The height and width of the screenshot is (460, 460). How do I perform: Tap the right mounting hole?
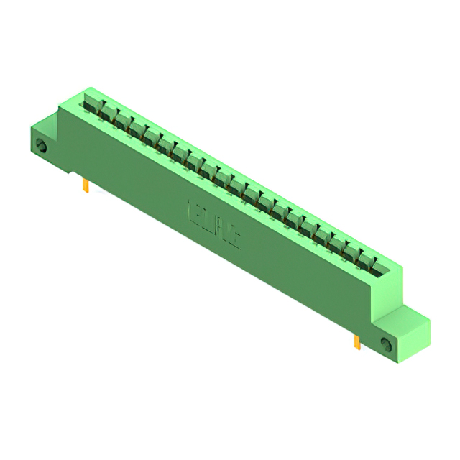tap(386, 344)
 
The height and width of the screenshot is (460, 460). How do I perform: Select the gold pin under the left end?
tap(86, 187)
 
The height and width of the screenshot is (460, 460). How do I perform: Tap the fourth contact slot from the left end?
tap(137, 129)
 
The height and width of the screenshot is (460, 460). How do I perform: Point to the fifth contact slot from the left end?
tap(151, 137)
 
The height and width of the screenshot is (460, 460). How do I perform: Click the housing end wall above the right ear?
tap(389, 295)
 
